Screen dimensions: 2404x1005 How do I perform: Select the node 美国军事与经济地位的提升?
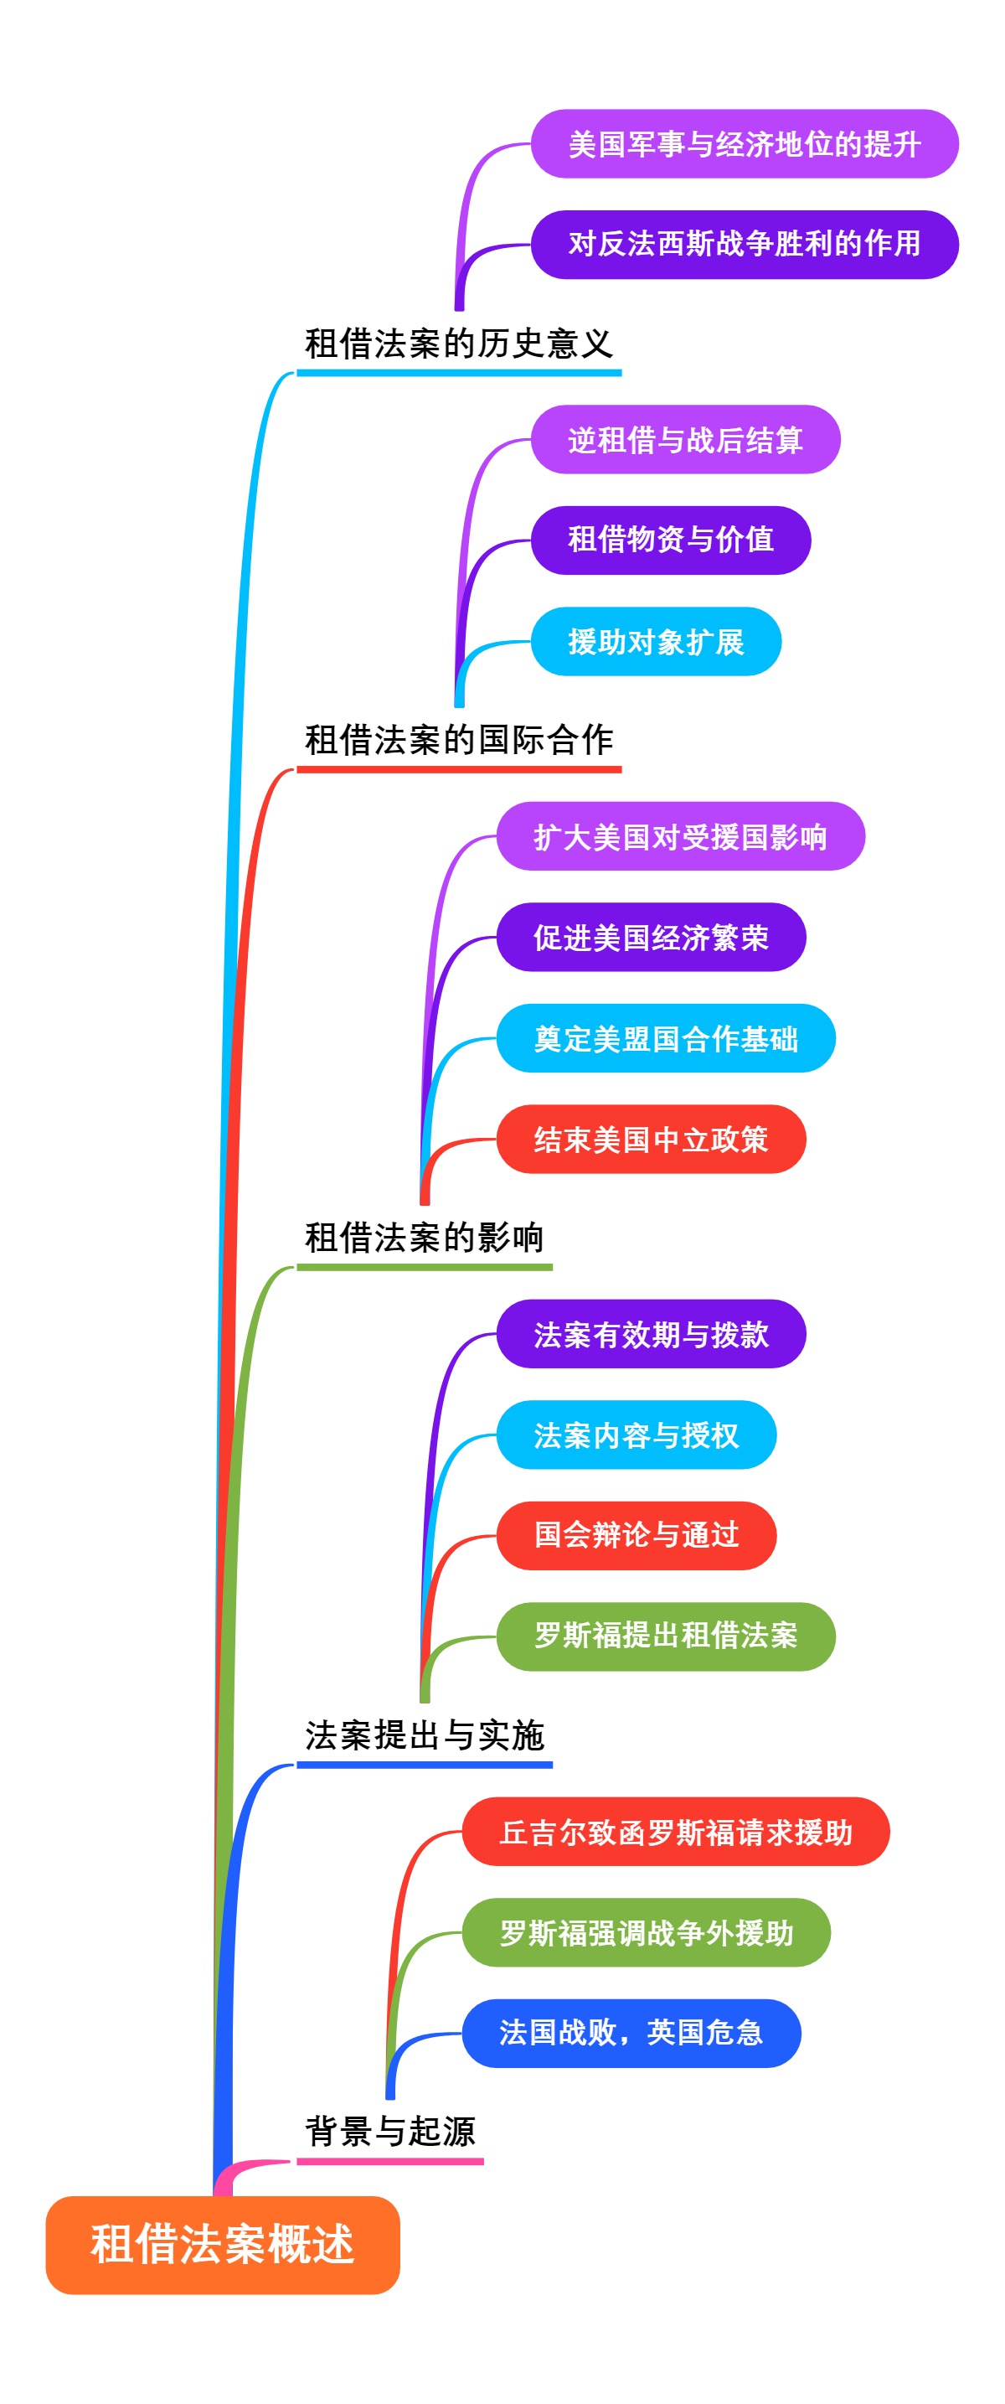[x=744, y=144]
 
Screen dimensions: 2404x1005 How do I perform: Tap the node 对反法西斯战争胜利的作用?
[x=744, y=245]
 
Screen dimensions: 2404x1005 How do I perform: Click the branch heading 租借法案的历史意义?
[x=458, y=344]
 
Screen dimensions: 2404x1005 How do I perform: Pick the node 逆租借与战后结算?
[x=685, y=440]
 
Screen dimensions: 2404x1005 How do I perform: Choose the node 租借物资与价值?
[x=670, y=540]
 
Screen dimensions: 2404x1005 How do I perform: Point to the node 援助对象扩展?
[x=655, y=641]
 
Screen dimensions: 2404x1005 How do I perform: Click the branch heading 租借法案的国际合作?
[x=458, y=740]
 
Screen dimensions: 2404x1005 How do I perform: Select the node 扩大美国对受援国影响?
[x=679, y=836]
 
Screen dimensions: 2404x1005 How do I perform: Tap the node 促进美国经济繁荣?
[x=651, y=937]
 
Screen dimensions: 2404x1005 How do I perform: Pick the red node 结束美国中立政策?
[x=651, y=1139]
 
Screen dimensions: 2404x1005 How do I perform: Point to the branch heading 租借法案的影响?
[x=424, y=1238]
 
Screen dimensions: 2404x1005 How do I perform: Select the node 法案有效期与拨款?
[x=651, y=1334]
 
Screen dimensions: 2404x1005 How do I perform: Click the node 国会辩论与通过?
[x=636, y=1535]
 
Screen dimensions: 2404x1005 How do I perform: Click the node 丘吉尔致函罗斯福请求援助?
[x=675, y=1831]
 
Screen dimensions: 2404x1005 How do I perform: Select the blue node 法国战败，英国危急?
[x=631, y=2033]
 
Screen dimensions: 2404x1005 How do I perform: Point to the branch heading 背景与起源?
[x=390, y=2132]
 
